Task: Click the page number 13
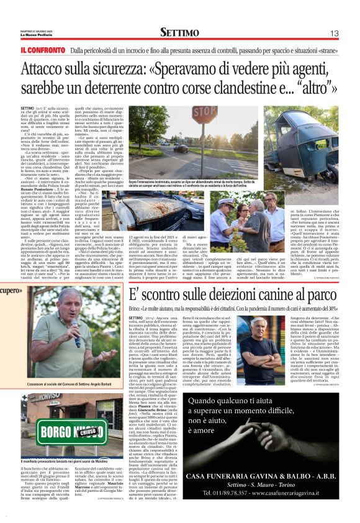[x=333, y=32]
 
